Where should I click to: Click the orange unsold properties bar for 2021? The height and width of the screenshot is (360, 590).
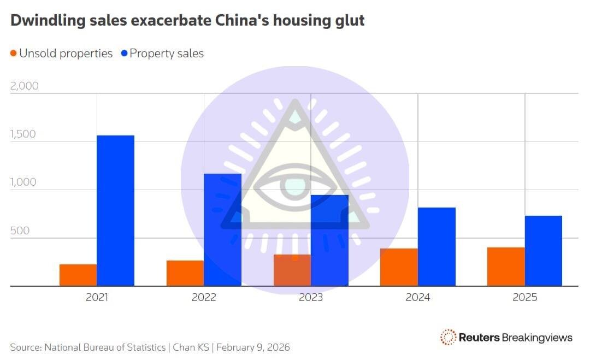tap(78, 275)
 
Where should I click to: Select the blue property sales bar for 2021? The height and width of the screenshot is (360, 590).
tap(115, 211)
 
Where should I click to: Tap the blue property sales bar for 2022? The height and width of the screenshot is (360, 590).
tap(222, 230)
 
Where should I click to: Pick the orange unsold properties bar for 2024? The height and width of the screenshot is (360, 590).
tap(399, 267)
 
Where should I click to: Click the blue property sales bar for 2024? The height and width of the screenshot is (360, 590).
tap(436, 247)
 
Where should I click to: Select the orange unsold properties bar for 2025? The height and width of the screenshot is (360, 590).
tap(506, 267)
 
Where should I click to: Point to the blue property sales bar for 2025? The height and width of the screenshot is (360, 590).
tap(544, 251)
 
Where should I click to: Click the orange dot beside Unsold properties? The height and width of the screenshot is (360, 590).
tap(14, 54)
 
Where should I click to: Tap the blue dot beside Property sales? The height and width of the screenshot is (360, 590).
tap(124, 54)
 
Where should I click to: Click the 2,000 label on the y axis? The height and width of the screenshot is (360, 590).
tap(24, 86)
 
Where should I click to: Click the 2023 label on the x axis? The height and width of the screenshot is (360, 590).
tap(311, 298)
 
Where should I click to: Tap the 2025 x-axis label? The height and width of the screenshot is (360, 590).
tap(525, 298)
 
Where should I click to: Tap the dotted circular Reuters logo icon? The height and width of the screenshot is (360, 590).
tap(448, 337)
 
